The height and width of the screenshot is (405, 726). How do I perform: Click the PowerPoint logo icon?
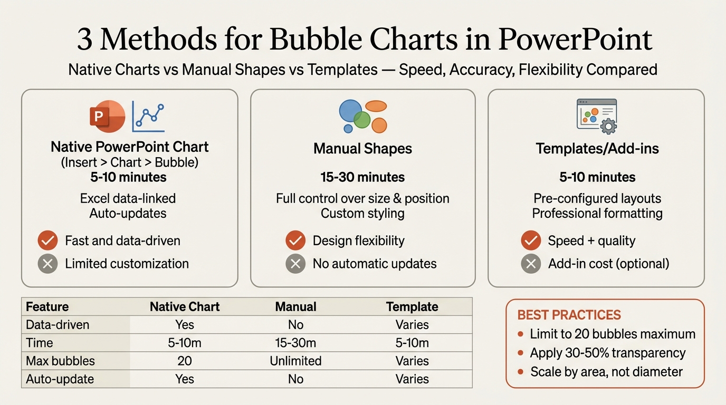[107, 116]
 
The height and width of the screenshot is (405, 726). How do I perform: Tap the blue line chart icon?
[148, 117]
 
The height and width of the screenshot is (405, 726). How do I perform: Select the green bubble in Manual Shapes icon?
[362, 120]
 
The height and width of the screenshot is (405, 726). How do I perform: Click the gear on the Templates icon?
[608, 126]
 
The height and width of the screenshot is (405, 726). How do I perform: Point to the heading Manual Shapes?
[362, 149]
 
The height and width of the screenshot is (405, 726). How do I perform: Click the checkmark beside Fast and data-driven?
[47, 241]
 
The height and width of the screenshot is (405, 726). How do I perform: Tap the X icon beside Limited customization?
[47, 264]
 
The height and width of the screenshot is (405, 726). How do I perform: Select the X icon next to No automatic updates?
[295, 264]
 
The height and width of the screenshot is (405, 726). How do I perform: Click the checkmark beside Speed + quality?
[531, 241]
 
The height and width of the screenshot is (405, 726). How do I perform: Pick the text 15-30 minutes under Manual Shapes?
[362, 177]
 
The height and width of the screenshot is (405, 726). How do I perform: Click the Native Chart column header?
[185, 307]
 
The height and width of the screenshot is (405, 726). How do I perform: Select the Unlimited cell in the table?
[295, 361]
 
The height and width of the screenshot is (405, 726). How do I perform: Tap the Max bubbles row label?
[60, 361]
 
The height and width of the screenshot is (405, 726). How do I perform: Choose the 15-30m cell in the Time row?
[295, 343]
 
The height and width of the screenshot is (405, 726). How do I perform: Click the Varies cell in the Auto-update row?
[412, 379]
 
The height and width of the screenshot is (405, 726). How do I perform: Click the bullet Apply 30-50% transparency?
[607, 353]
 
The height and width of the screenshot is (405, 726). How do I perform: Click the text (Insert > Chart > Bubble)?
[130, 162]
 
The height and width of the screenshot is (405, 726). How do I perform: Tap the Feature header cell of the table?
[47, 307]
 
